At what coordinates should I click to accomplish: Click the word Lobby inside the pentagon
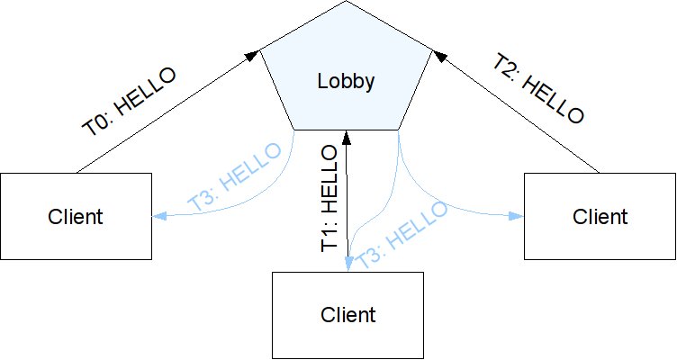346,82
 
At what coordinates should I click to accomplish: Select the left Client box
75,216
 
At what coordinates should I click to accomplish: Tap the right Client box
600,216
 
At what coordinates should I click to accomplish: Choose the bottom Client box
348,315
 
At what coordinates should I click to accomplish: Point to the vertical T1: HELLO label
330,201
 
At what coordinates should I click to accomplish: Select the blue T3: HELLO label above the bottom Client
401,232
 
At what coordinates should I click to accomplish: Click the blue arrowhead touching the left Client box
158,216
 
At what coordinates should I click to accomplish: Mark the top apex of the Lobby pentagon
347,3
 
